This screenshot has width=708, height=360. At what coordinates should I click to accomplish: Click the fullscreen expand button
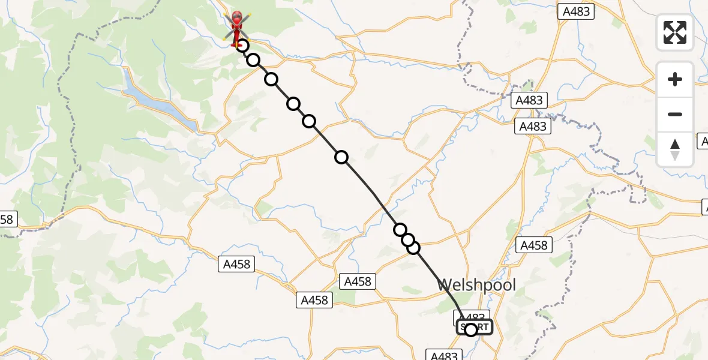point(675,32)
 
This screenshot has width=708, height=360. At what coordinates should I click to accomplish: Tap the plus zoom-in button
point(675,80)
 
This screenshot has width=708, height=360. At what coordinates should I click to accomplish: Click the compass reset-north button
point(675,149)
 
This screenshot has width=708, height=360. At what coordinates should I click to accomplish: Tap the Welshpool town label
point(476,284)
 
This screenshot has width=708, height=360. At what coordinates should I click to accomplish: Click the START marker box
point(475,328)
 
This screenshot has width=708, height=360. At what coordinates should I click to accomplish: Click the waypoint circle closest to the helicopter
point(242,46)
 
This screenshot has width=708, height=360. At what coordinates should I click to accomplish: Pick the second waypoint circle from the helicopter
point(253,60)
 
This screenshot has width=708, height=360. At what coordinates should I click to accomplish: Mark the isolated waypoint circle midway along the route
point(341,157)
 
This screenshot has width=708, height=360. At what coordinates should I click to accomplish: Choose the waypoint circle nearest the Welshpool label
point(413,247)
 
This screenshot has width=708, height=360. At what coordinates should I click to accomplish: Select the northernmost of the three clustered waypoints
point(400,230)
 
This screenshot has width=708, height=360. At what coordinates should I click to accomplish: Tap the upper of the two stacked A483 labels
point(529,100)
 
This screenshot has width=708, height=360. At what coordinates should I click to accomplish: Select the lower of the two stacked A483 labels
point(533,127)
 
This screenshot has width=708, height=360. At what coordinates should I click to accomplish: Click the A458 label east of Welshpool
point(534,245)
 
